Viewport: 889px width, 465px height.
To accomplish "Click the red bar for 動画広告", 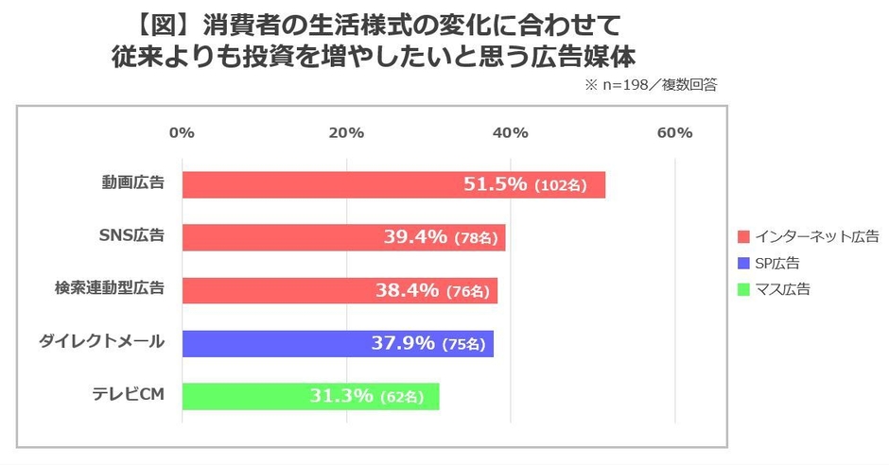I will click(x=392, y=184).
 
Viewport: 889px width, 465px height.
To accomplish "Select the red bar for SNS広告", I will click(x=343, y=237).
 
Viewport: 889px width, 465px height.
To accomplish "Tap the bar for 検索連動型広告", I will click(x=340, y=290).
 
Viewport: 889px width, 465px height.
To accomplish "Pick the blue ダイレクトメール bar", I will click(x=338, y=343).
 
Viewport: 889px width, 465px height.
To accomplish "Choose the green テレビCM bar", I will click(x=310, y=396).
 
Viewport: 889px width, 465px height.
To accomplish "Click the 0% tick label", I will click(x=182, y=132).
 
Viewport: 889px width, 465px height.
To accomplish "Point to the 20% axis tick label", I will click(x=346, y=132).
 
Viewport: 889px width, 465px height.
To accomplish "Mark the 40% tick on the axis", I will click(x=511, y=132).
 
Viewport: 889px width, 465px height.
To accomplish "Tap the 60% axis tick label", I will click(x=675, y=132).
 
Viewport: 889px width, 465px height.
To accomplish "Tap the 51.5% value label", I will click(x=494, y=184).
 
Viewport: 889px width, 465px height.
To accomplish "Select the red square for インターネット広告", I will click(x=743, y=236).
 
